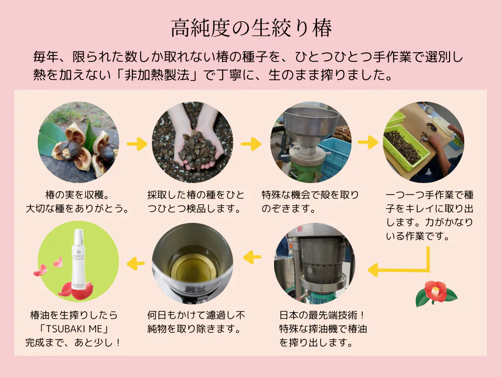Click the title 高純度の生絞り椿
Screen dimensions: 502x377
point(251,28)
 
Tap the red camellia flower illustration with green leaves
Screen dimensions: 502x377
point(436,294)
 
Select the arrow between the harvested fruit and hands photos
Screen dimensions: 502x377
point(137,144)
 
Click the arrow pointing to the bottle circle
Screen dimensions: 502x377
point(136,263)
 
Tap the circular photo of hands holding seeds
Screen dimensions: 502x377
point(192,142)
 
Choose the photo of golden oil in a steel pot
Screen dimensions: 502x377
point(192,263)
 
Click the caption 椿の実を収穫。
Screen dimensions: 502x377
point(77,194)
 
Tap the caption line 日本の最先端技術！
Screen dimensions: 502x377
point(322,315)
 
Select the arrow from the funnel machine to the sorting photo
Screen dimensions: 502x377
point(368,142)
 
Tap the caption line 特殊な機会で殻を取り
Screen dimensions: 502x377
point(310,194)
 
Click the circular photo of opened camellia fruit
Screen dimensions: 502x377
point(78,142)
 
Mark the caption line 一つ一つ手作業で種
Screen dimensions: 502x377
point(429,194)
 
